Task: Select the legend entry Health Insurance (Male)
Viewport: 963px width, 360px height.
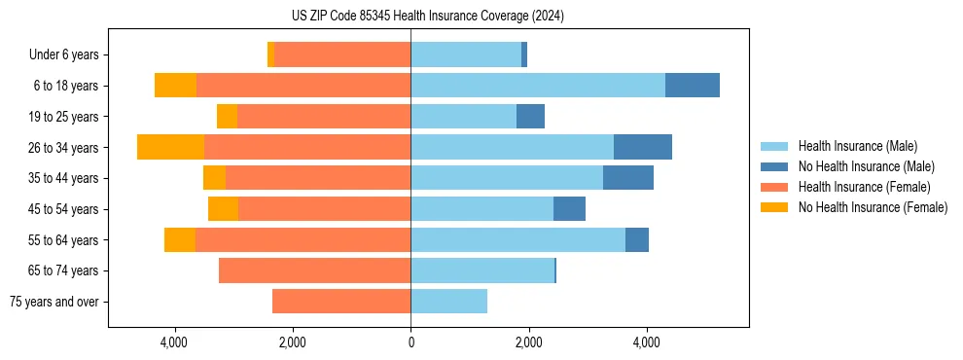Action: (857, 146)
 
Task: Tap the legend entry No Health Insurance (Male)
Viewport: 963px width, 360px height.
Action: (866, 166)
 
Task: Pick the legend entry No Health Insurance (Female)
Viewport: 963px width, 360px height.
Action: (873, 207)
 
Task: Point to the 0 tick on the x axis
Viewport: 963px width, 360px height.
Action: (410, 342)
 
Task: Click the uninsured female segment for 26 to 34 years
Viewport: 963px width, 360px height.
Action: (170, 147)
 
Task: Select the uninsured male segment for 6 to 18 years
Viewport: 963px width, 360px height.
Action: (693, 86)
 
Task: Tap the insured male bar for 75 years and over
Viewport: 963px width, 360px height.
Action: (448, 302)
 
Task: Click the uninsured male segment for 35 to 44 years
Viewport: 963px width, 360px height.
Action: (628, 178)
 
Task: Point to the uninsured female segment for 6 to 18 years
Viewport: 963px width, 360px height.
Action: (175, 86)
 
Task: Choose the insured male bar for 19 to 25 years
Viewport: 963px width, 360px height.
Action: (463, 117)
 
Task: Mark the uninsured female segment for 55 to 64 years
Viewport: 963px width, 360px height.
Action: (180, 239)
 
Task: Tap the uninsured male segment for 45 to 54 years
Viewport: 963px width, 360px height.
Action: (569, 209)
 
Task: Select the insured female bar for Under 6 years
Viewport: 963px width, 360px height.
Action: (342, 54)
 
